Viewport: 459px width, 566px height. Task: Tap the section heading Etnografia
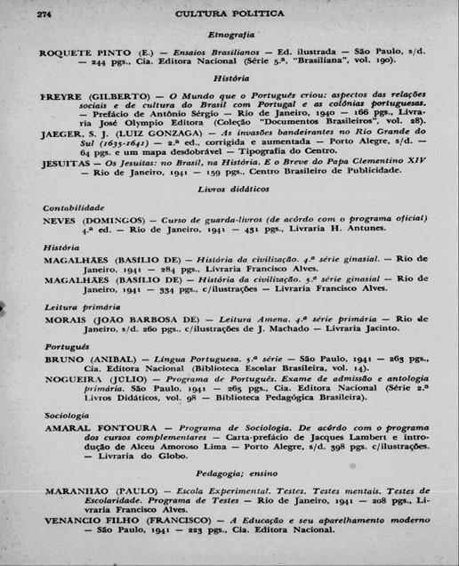point(231,34)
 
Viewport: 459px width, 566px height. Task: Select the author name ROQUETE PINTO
point(82,53)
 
